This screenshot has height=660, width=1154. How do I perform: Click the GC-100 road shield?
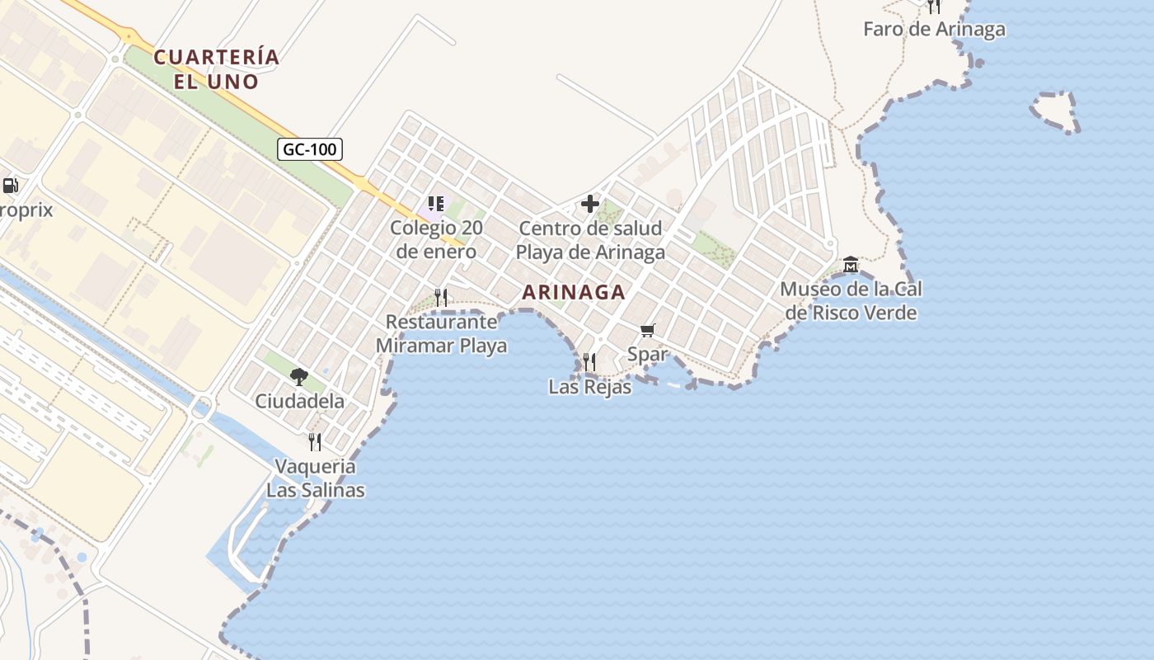[310, 149]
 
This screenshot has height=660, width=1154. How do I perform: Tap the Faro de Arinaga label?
[934, 30]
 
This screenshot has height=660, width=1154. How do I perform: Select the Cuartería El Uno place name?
[217, 69]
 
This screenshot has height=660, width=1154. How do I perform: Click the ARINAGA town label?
[574, 292]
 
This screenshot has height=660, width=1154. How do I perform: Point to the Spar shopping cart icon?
[648, 331]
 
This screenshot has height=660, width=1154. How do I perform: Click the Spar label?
[647, 355]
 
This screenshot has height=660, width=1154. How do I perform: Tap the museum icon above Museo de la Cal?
[851, 265]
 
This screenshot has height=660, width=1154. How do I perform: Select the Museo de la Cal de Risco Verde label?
[851, 301]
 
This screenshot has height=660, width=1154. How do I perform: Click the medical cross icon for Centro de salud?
[590, 204]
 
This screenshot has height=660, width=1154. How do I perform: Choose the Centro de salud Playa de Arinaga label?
[590, 240]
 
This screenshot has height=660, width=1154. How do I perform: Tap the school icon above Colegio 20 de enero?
[436, 204]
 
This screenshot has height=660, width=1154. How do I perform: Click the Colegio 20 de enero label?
[436, 239]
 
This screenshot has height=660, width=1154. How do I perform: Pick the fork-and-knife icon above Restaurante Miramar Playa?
[441, 297]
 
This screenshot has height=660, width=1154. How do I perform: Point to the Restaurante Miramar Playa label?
[441, 334]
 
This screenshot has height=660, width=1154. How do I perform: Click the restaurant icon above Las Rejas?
[589, 362]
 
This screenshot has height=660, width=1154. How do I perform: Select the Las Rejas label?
[589, 386]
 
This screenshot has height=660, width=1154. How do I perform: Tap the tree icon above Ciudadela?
[299, 377]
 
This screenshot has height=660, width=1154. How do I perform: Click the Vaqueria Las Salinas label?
[315, 478]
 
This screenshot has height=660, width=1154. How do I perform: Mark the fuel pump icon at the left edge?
[11, 186]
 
